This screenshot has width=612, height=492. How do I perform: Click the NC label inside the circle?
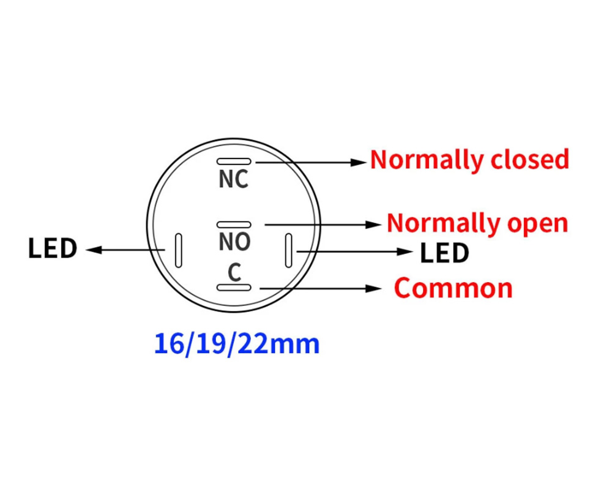point(233,179)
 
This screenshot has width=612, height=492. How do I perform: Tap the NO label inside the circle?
point(234,242)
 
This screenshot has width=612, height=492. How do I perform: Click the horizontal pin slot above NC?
point(234,161)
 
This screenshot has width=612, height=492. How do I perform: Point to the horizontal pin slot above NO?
point(234,225)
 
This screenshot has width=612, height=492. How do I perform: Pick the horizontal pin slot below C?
point(234,288)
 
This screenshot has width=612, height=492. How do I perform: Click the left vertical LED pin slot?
point(178,250)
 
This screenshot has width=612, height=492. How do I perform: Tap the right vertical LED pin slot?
point(288,250)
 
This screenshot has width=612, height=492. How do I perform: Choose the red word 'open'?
point(537,225)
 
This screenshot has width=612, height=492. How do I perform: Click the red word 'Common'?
point(453,288)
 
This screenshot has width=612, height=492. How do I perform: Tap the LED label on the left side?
point(53,248)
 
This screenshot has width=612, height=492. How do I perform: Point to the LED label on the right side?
point(444,253)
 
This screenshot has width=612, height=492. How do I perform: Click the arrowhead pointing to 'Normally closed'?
point(358,163)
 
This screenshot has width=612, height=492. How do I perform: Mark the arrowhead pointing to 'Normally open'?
point(373,225)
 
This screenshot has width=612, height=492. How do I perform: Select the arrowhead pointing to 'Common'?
point(373,288)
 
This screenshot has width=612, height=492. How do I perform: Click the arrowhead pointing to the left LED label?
point(94,250)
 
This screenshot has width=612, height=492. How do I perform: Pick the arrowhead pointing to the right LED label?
point(405,252)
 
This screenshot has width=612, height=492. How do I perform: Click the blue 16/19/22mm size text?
point(237,344)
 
